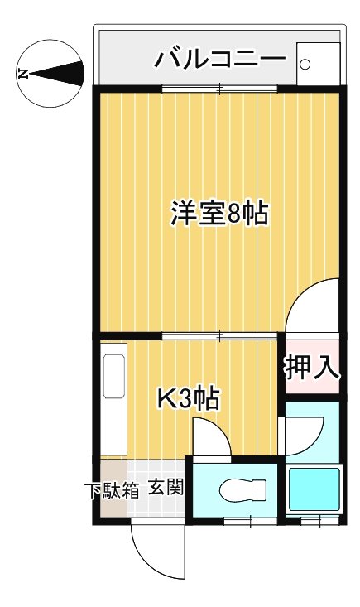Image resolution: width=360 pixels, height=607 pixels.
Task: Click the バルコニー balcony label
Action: (x=220, y=60)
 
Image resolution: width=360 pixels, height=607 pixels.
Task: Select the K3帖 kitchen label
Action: (x=189, y=399)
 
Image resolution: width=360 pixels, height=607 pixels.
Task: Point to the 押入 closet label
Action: (x=312, y=368)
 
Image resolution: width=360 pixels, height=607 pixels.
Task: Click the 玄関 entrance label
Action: (x=166, y=489)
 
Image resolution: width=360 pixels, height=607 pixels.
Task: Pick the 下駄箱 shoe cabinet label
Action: (x=111, y=490)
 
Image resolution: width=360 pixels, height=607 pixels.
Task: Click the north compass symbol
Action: (x=50, y=74)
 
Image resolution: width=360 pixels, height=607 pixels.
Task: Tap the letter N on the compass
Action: (x=23, y=74)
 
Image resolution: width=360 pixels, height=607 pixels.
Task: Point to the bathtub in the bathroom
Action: (x=314, y=491)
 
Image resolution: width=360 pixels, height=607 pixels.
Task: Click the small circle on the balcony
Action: (x=304, y=64)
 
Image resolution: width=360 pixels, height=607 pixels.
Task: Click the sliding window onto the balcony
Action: (x=219, y=89)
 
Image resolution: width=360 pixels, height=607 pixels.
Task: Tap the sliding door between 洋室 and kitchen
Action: (x=219, y=335)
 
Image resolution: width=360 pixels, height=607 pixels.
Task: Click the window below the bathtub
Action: (x=314, y=522)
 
